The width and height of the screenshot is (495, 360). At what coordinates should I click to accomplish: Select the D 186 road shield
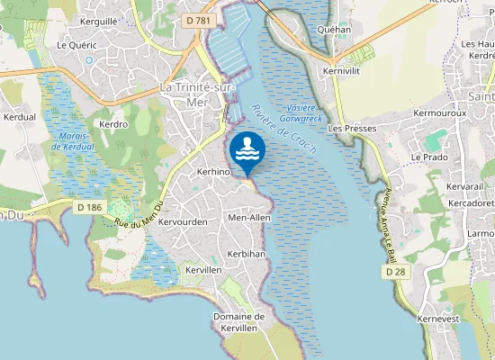(x=87, y=207)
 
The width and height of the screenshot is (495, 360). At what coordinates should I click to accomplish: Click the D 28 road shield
(x=393, y=270)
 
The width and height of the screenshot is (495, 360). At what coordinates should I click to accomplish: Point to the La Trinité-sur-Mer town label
(x=194, y=94)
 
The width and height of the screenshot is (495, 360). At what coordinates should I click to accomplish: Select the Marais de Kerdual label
(x=73, y=141)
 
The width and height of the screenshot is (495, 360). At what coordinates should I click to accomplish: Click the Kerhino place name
(x=214, y=171)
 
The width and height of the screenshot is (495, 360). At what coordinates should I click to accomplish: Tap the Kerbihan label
(x=247, y=254)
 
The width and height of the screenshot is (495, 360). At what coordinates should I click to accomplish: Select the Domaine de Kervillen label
(x=238, y=322)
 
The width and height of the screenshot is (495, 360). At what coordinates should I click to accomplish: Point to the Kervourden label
(x=184, y=221)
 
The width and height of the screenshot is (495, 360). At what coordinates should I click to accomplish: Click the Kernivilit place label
(x=340, y=69)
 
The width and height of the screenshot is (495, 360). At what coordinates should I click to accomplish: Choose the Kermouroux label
(x=439, y=113)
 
